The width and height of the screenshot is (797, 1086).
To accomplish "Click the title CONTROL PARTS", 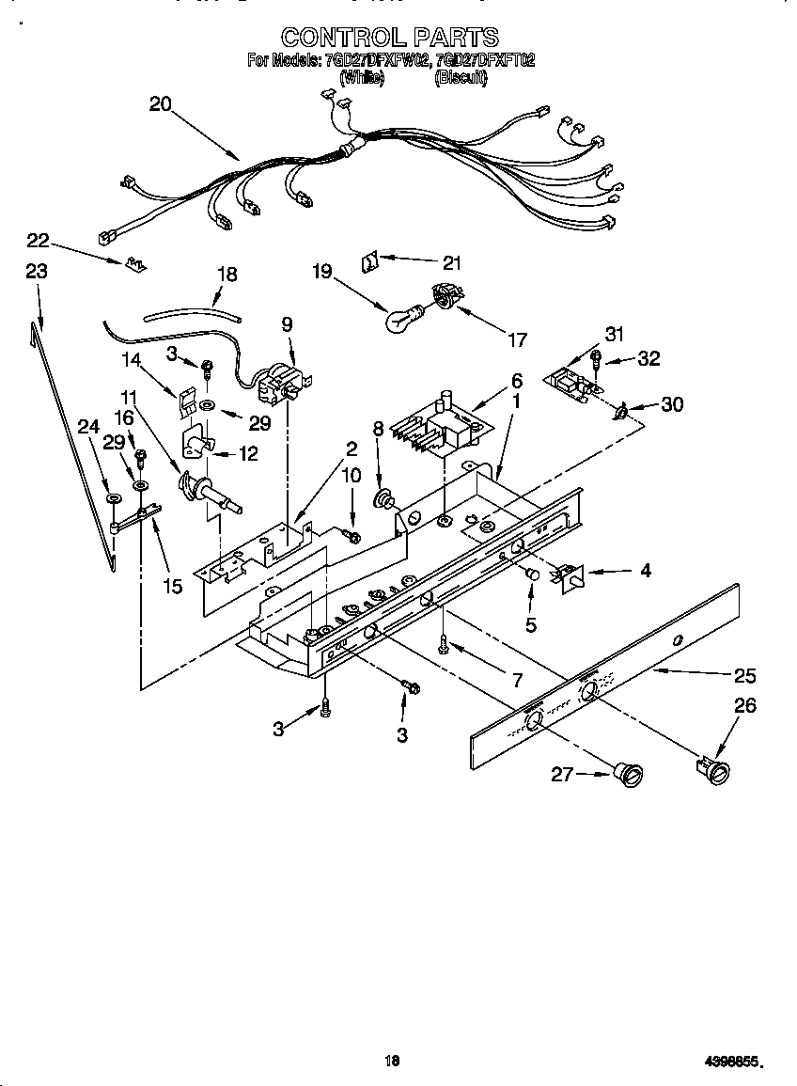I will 390,37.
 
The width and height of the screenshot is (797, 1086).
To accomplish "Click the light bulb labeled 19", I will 401,320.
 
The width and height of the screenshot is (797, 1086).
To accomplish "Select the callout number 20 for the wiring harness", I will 161,104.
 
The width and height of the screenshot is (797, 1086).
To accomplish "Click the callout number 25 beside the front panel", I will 744,675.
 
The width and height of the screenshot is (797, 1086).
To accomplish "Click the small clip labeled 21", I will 368,259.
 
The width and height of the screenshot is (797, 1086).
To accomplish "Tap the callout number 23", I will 36,271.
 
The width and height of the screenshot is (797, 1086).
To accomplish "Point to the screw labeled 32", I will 596,358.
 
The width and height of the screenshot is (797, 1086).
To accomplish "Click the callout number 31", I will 615,333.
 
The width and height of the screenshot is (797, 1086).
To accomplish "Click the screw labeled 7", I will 443,642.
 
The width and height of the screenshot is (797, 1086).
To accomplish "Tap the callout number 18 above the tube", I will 227,275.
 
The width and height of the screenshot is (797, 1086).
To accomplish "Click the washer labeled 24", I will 113,497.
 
